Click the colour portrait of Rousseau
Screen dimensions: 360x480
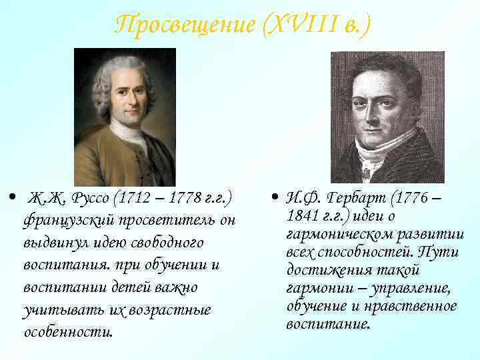(x=124, y=117)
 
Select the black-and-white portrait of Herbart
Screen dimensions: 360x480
(x=387, y=117)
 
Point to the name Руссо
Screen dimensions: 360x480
(x=90, y=199)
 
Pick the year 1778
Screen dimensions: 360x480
(x=185, y=199)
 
